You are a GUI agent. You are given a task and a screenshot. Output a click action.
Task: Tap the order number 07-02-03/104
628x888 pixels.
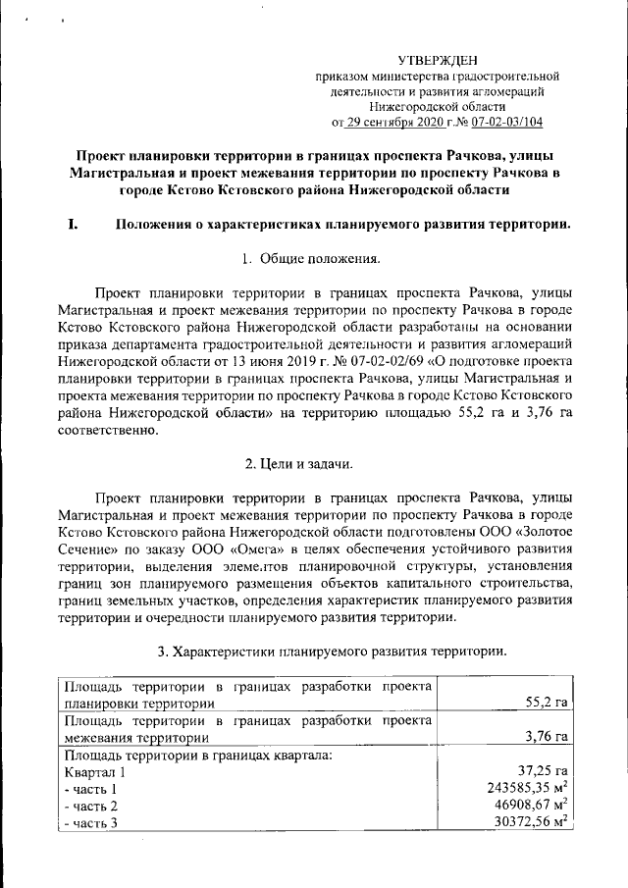point(505,123)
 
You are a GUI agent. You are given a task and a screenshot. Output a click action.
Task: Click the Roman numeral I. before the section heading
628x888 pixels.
point(73,224)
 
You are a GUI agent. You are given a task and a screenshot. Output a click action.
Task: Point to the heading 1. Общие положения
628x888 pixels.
point(313,259)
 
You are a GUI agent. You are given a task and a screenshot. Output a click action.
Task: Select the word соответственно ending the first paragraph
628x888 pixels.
point(107,436)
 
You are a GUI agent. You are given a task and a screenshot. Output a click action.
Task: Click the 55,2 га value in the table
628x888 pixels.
point(548,703)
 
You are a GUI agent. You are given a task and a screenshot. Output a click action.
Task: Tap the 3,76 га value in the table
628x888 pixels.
point(548,736)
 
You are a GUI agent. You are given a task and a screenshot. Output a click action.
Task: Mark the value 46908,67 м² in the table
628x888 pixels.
point(534,805)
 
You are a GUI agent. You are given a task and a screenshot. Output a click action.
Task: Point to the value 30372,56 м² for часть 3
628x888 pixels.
point(534,822)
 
